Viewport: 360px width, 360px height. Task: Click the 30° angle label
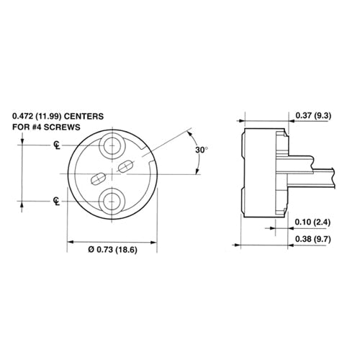[202, 150]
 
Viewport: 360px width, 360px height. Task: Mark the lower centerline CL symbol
[56, 199]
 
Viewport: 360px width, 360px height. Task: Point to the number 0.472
[24, 114]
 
